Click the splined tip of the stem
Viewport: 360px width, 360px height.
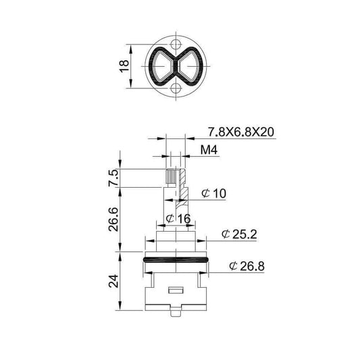coord(172,179)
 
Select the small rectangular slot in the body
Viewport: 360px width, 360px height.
coord(176,290)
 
